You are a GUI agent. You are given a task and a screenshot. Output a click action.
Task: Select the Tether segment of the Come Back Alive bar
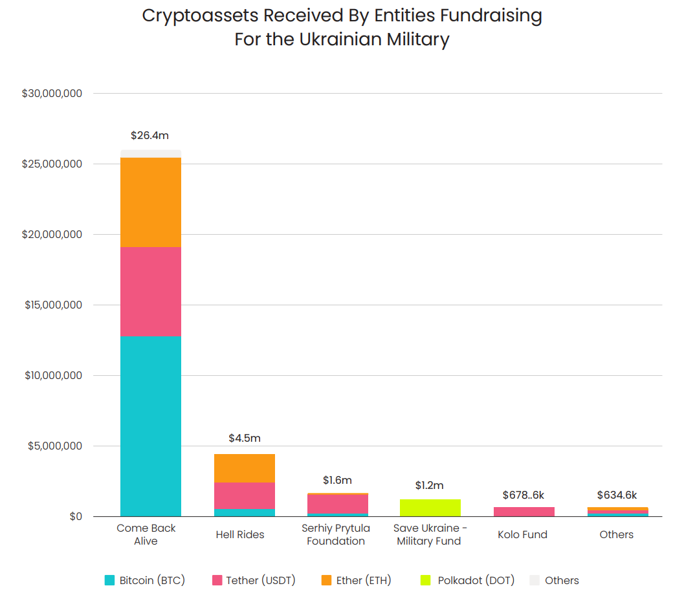pos(150,291)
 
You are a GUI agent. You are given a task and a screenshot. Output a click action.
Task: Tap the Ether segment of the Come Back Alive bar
pos(150,202)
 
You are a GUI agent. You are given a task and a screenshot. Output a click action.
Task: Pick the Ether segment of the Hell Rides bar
pos(244,468)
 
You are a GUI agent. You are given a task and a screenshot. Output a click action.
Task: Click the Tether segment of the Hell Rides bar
pos(244,495)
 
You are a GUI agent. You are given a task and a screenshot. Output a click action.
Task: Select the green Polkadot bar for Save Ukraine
pos(430,508)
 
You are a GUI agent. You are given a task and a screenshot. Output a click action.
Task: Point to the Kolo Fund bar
pos(524,512)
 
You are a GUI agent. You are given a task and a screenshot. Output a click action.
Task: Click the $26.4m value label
pos(149,136)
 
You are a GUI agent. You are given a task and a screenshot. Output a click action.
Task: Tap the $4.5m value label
pos(245,439)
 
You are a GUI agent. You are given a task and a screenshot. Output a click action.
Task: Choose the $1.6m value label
pos(337,481)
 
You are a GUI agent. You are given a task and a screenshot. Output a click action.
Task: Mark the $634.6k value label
pos(617,495)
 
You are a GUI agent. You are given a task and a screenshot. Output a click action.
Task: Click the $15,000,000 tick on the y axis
pos(54,305)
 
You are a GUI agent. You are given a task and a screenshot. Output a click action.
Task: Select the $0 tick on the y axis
pos(76,517)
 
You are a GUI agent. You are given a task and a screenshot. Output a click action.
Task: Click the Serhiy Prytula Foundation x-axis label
pos(336,535)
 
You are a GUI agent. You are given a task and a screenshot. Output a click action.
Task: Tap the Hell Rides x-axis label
pos(240,535)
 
